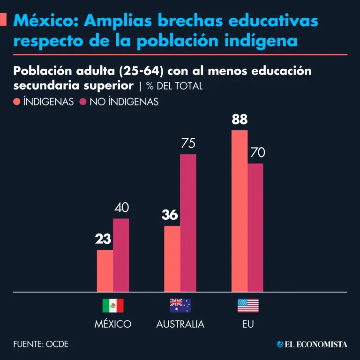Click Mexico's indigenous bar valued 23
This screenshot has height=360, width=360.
click(x=105, y=270)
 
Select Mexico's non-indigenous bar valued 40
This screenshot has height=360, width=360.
click(x=121, y=255)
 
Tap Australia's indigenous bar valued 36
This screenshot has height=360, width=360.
click(x=172, y=259)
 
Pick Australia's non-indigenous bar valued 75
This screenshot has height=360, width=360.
click(x=188, y=223)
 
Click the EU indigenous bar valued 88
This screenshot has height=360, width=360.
click(x=240, y=211)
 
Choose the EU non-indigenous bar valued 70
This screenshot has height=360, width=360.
click(x=255, y=227)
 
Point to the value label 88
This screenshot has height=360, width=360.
click(x=240, y=120)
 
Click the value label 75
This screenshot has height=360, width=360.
click(x=188, y=143)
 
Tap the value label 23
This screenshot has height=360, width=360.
click(x=103, y=239)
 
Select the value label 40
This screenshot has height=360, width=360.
click(x=121, y=208)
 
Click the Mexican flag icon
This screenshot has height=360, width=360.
click(x=113, y=306)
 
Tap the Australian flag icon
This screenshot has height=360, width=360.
click(x=180, y=306)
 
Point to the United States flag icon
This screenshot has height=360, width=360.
click(x=247, y=306)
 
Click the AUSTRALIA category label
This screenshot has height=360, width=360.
click(x=180, y=324)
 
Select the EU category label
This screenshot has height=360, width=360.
click(x=247, y=324)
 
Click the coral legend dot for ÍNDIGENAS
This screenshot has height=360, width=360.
click(x=17, y=102)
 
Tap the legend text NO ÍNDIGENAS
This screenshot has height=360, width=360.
click(x=124, y=102)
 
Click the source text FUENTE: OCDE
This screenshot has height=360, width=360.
click(x=41, y=344)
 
